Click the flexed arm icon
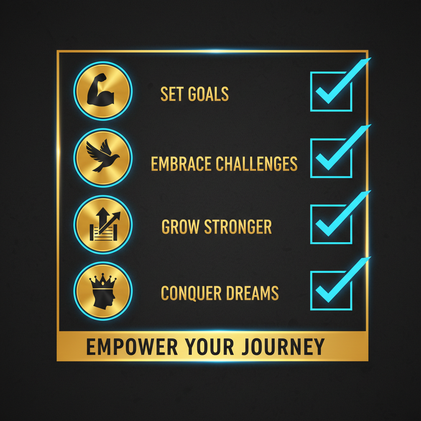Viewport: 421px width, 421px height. (100, 89)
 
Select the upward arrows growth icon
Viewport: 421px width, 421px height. (104, 224)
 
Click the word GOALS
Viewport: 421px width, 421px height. (208, 94)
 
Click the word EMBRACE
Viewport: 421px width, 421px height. (181, 164)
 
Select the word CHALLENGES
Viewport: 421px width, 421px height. (257, 164)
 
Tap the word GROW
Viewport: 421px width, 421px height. (180, 227)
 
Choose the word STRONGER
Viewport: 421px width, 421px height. (238, 227)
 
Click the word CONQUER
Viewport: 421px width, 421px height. (191, 293)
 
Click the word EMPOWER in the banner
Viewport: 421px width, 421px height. (132, 347)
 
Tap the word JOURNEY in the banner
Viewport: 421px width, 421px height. (283, 347)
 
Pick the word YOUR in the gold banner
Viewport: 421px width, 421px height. (209, 347)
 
